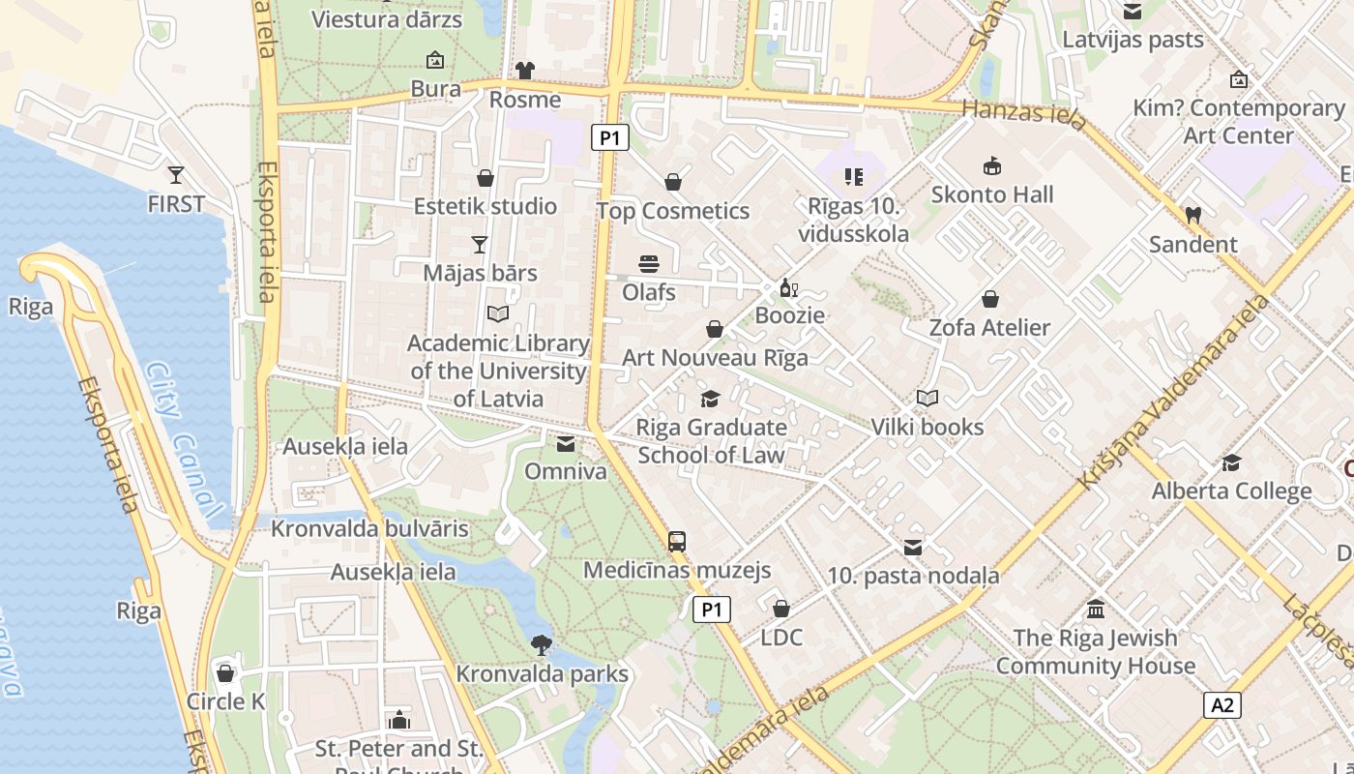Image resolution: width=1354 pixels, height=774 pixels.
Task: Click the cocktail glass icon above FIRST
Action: coord(175,175)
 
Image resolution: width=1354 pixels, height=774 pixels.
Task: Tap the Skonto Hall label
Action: coord(992,194)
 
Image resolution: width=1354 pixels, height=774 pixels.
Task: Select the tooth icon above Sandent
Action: coord(1192,215)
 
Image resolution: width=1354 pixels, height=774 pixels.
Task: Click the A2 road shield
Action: coord(1222,705)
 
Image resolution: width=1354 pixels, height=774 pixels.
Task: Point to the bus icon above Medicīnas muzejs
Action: coord(677,542)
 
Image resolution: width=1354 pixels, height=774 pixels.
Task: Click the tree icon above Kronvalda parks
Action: coord(542,644)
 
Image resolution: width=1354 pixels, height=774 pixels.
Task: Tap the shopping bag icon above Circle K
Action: coord(226,672)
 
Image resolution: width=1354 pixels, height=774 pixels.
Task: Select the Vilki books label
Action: coord(927,427)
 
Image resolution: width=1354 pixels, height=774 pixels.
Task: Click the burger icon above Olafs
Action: coord(648,263)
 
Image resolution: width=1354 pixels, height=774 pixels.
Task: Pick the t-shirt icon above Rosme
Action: coord(525,71)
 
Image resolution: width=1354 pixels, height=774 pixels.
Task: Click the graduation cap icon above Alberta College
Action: coord(1231,462)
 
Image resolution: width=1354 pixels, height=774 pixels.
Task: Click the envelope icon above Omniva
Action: coord(566,443)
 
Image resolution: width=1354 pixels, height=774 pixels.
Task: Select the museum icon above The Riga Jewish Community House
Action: coord(1096,610)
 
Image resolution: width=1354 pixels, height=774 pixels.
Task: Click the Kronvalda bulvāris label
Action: coord(369,529)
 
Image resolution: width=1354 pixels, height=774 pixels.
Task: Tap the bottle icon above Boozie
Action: coord(788,287)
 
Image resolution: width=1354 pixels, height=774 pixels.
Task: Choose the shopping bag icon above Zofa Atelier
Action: coord(989,299)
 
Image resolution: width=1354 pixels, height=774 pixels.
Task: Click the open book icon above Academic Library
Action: coord(498,314)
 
